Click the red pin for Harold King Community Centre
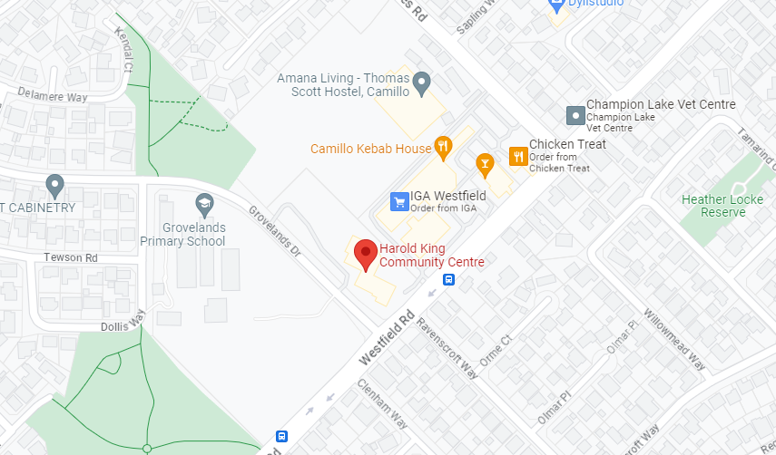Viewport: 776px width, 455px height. pos(365,254)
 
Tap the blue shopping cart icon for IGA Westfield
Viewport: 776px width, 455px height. pos(398,201)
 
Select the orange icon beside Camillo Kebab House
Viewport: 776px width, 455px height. pos(443,146)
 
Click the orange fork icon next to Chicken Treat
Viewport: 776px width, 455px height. pos(518,156)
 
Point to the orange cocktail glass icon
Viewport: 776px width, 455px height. pos(485,163)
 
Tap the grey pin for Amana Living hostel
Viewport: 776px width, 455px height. pos(421,84)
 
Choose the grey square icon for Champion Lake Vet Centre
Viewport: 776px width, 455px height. pos(575,115)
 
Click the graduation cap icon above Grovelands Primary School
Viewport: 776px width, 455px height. pos(203,202)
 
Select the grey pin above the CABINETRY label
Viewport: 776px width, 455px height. pos(54,186)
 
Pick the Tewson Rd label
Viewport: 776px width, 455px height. pos(71,258)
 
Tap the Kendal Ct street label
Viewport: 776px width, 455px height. pos(123,50)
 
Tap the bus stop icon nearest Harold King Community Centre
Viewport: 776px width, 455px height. pos(448,280)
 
